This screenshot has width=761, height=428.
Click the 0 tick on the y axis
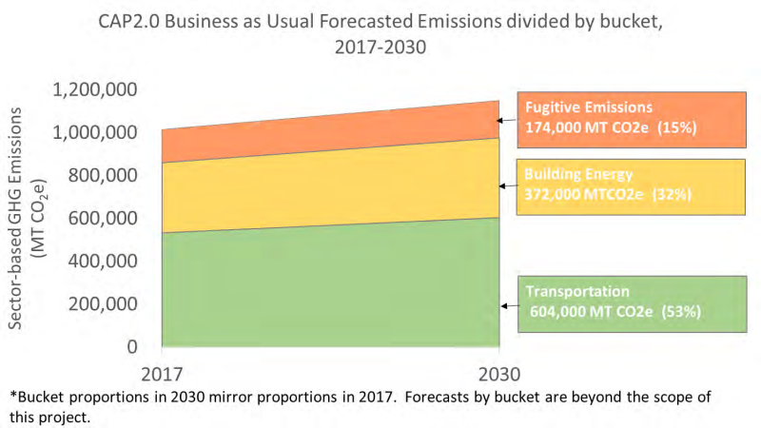[x=133, y=347]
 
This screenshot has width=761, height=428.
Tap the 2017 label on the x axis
[x=163, y=373]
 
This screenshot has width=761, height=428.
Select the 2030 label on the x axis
[x=498, y=373]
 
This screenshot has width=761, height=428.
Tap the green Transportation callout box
[x=630, y=304]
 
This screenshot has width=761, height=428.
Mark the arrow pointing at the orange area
[x=507, y=121]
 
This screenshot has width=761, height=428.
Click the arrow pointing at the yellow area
[x=507, y=188]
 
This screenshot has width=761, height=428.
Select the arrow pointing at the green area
[x=507, y=305]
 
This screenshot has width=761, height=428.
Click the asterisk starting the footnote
[x=12, y=394]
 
